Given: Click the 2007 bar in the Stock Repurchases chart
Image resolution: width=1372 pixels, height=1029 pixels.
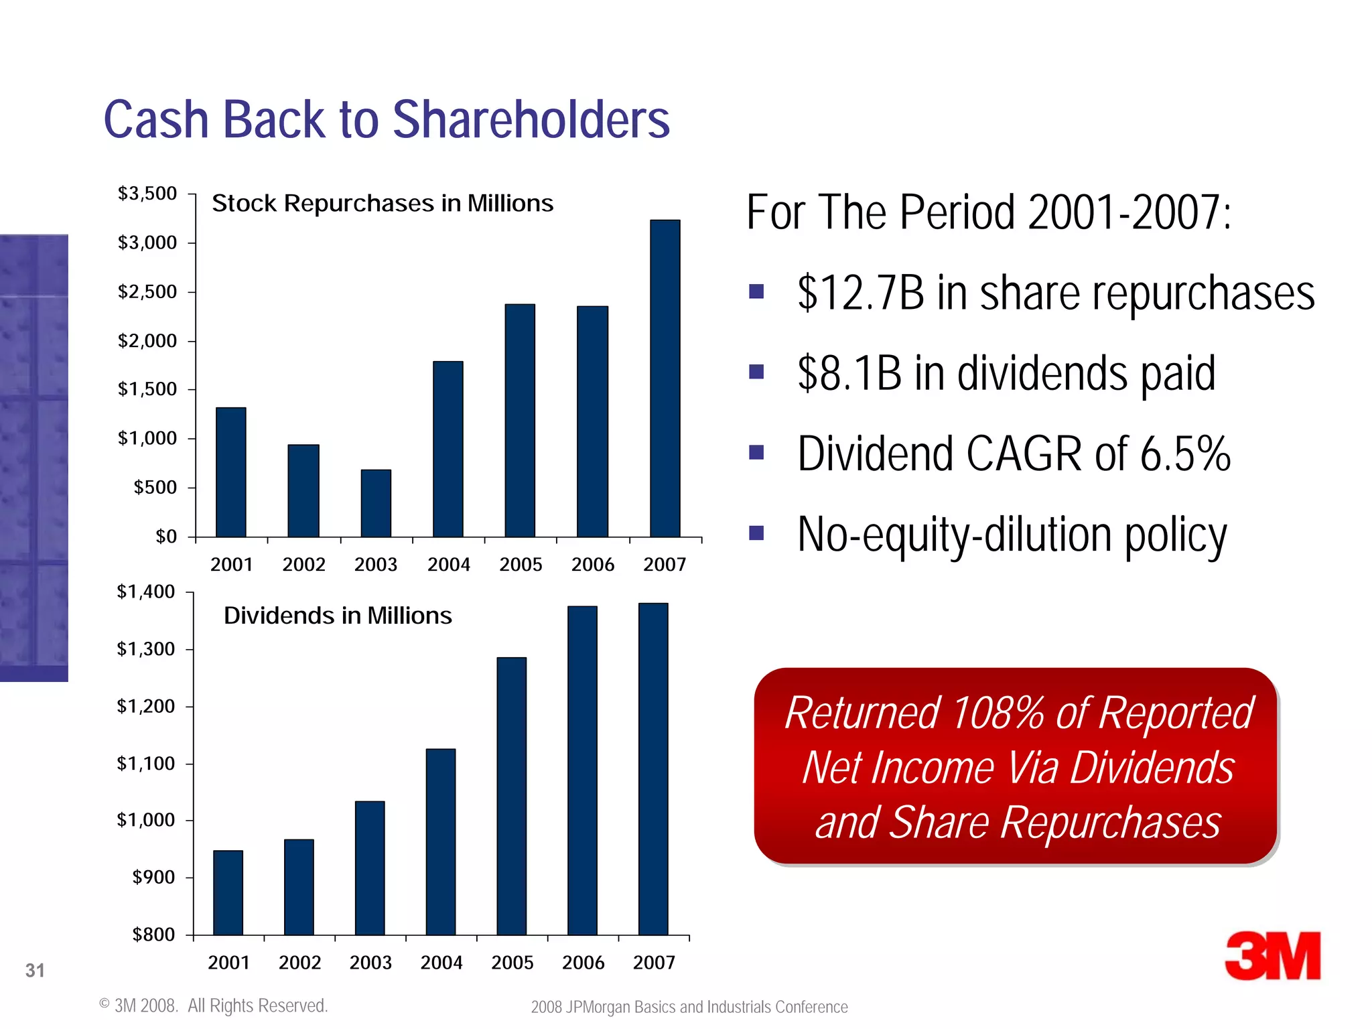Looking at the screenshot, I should coord(665,379).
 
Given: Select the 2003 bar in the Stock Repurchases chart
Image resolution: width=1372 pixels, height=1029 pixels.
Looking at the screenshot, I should coord(376,503).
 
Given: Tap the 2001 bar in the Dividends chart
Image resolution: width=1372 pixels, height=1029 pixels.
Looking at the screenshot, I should coord(228,892).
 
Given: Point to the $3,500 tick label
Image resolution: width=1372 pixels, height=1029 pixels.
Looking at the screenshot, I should coord(147,194).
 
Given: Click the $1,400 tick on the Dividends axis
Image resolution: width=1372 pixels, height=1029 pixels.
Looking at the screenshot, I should coord(145,592).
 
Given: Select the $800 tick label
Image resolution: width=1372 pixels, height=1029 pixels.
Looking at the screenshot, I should coord(153,935).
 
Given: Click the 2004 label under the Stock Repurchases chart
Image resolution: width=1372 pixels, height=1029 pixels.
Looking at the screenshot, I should coord(448,565).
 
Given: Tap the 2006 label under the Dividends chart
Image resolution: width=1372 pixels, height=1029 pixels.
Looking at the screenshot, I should coord(583,963).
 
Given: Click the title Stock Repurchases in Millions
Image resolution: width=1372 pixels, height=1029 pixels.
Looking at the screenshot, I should coord(383,203).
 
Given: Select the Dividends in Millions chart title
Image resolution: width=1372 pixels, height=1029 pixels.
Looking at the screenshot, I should coord(338,616).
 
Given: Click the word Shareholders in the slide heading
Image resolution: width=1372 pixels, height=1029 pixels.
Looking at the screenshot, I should coord(531,120).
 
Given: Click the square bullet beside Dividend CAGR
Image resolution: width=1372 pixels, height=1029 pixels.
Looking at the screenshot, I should coord(756,453).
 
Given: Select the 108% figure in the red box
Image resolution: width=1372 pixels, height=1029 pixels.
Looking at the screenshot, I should coord(997,713).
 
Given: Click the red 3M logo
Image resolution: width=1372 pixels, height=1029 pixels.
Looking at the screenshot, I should coord(1272,956).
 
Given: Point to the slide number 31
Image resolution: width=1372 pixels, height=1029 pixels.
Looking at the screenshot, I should coord(35,970).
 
